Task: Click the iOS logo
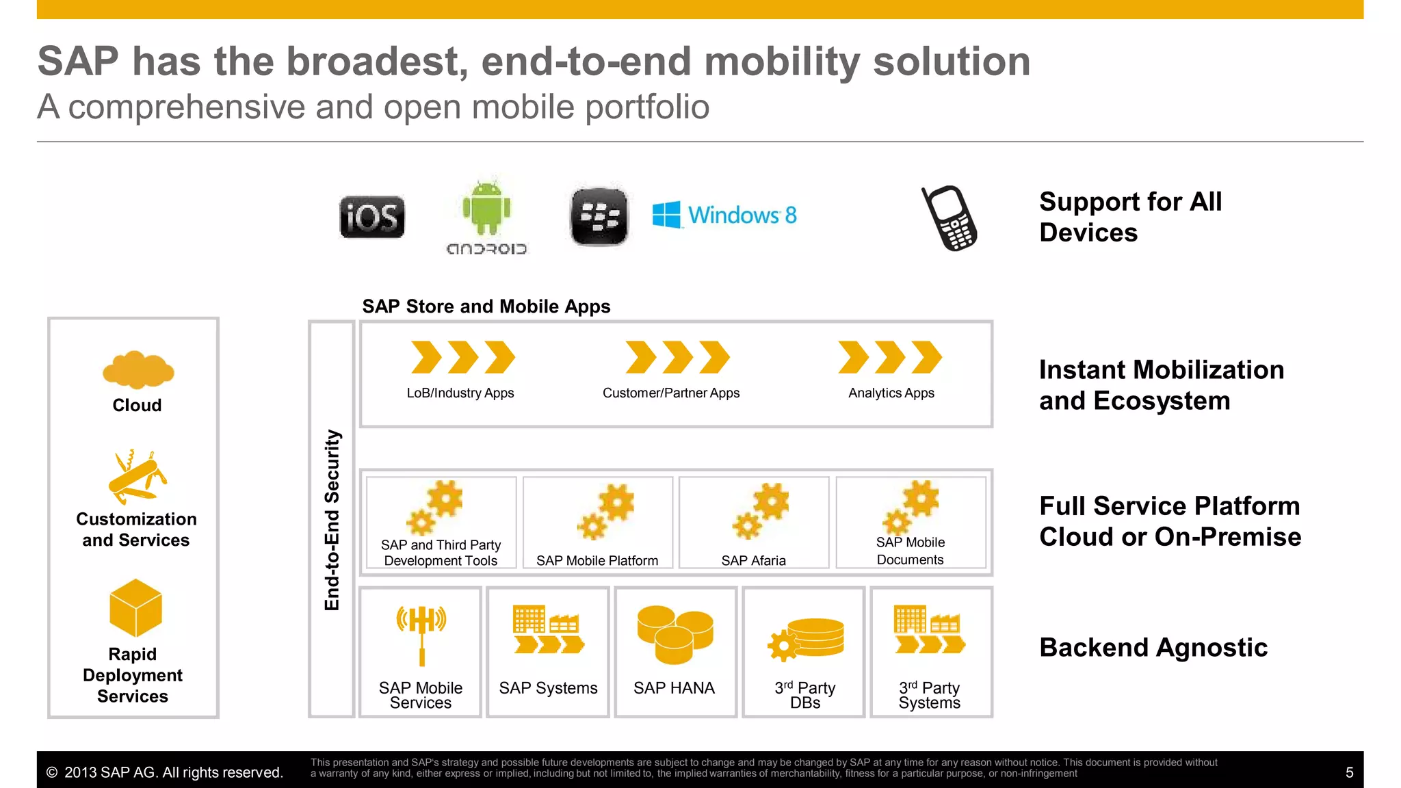click(x=372, y=218)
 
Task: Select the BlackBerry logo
click(x=599, y=217)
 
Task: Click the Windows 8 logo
click(x=725, y=215)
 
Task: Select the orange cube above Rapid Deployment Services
click(x=135, y=607)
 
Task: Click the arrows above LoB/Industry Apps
click(x=462, y=357)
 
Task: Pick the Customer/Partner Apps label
click(x=670, y=393)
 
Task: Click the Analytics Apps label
click(x=891, y=393)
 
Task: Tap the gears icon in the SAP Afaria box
click(x=761, y=510)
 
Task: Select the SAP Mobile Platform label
click(x=597, y=561)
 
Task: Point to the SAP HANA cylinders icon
click(x=675, y=634)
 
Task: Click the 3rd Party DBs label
click(x=805, y=695)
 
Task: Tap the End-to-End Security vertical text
click(x=332, y=520)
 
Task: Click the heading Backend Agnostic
click(x=1153, y=648)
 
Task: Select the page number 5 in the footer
click(x=1349, y=773)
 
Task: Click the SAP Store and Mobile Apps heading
click(x=486, y=306)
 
